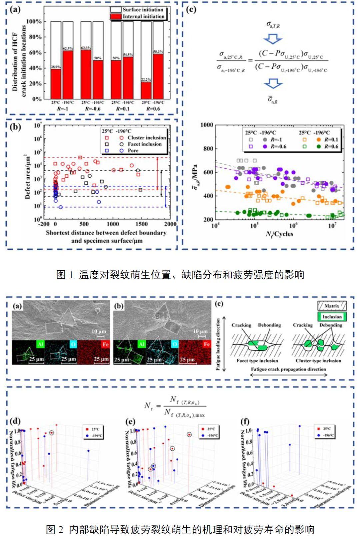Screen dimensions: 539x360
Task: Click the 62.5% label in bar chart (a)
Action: coord(68,48)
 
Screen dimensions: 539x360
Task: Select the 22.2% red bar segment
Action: coord(146,90)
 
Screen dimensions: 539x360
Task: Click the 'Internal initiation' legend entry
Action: coord(143,16)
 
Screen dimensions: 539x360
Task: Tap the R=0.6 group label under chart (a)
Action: coord(153,109)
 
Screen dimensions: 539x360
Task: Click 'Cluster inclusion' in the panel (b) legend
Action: coord(147,137)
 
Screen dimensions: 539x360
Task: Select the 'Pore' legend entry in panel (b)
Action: coord(133,151)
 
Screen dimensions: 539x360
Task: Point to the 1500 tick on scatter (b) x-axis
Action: coord(141,224)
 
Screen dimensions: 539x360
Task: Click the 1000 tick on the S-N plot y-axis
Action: coord(207,125)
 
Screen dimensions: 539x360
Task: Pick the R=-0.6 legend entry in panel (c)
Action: coord(278,146)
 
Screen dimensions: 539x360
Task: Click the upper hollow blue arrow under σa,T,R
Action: coord(273,40)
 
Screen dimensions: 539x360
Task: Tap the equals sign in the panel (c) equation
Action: coord(250,60)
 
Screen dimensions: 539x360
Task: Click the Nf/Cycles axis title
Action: coord(279,234)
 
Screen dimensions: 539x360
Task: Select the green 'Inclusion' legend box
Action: coord(332,316)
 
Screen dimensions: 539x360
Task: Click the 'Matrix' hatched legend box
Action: coord(332,306)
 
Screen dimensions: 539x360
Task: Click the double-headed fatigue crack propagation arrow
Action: coord(288,375)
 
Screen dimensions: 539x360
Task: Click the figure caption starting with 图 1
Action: coord(180,275)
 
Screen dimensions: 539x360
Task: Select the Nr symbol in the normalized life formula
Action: coord(148,406)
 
